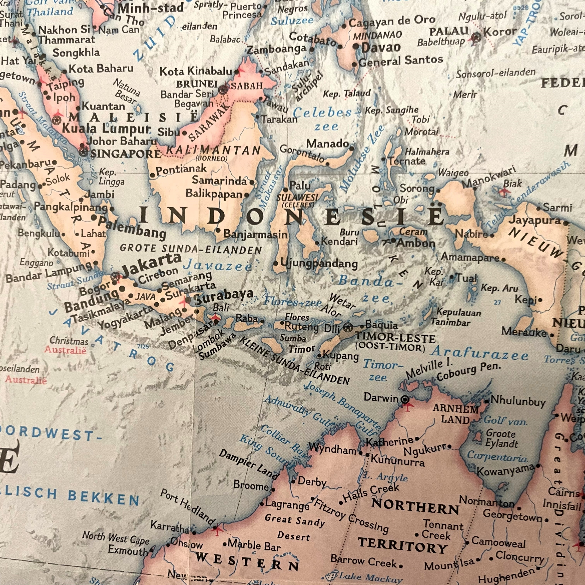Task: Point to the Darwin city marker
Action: point(405,400)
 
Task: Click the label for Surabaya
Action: point(224,296)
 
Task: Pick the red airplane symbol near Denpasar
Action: point(215,318)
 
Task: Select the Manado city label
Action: point(328,144)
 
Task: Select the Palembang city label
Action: point(132,228)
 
